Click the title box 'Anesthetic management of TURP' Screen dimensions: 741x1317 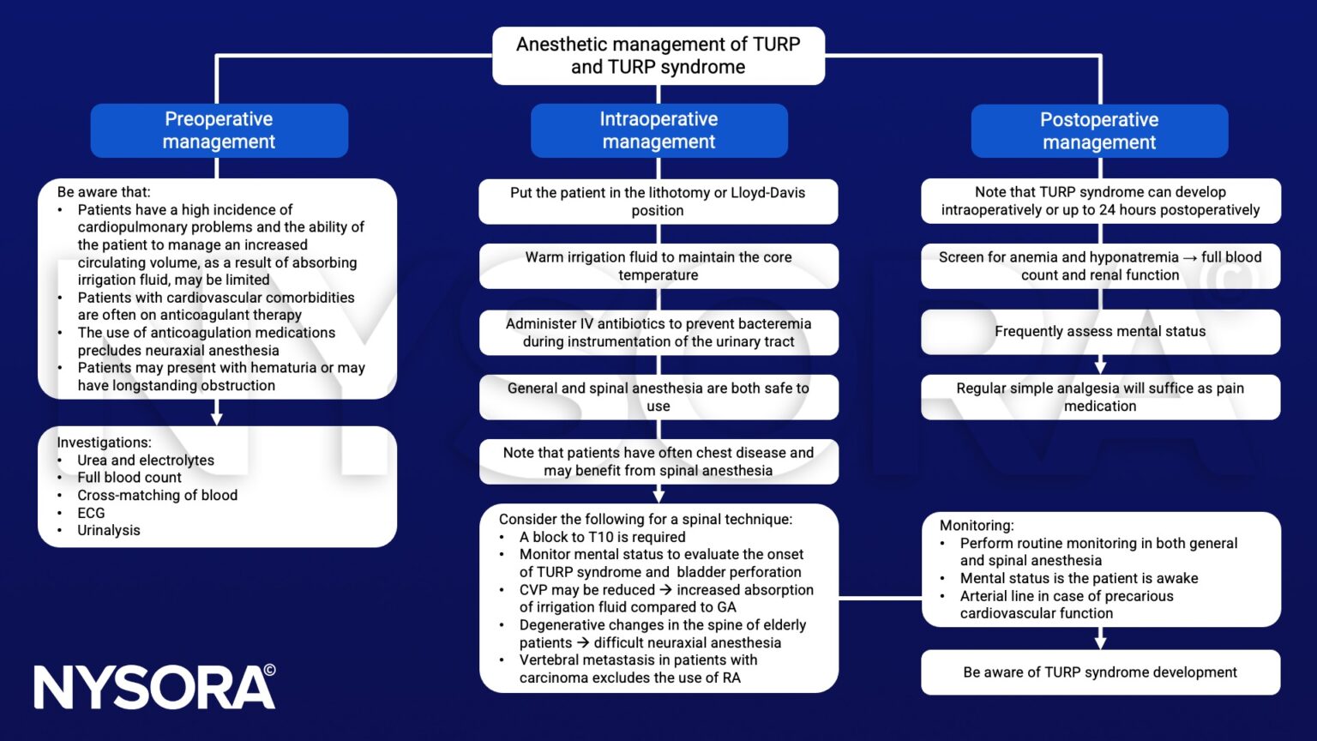pyautogui.click(x=658, y=56)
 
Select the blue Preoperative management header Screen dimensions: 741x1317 pyautogui.click(x=219, y=130)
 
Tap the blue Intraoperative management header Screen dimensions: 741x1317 pyautogui.click(x=658, y=130)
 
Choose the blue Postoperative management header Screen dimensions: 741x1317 pyautogui.click(x=1099, y=131)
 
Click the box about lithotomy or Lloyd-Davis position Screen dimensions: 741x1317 pyautogui.click(x=658, y=202)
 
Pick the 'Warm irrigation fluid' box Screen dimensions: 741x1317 pyautogui.click(x=658, y=266)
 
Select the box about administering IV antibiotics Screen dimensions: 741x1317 pyautogui.click(x=658, y=333)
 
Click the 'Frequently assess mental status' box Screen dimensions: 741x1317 pyautogui.click(x=1100, y=332)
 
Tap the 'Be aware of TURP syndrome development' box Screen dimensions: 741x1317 pyautogui.click(x=1100, y=672)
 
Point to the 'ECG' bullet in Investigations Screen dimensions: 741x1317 pyautogui.click(x=91, y=513)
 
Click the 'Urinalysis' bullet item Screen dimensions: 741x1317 pyautogui.click(x=109, y=530)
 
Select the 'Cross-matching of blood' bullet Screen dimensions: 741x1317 pyautogui.click(x=157, y=495)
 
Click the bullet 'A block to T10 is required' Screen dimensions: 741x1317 pyautogui.click(x=602, y=537)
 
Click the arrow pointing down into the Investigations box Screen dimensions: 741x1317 pyautogui.click(x=217, y=417)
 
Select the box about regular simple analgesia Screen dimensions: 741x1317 pyautogui.click(x=1100, y=397)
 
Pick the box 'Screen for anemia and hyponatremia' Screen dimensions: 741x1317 pyautogui.click(x=1100, y=266)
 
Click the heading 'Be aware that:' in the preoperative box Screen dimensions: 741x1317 pyautogui.click(x=103, y=192)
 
